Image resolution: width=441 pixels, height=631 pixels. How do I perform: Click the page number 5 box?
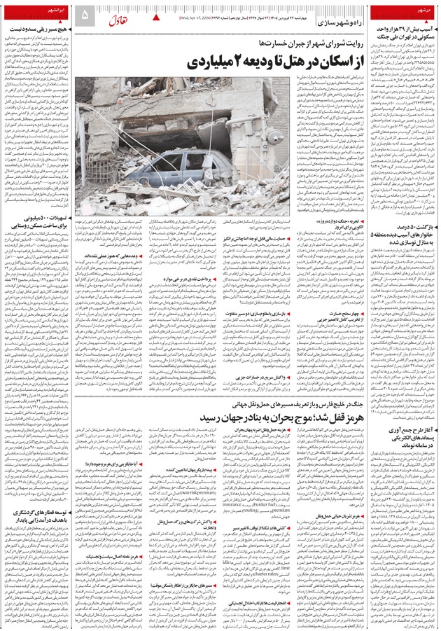point(85,14)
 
